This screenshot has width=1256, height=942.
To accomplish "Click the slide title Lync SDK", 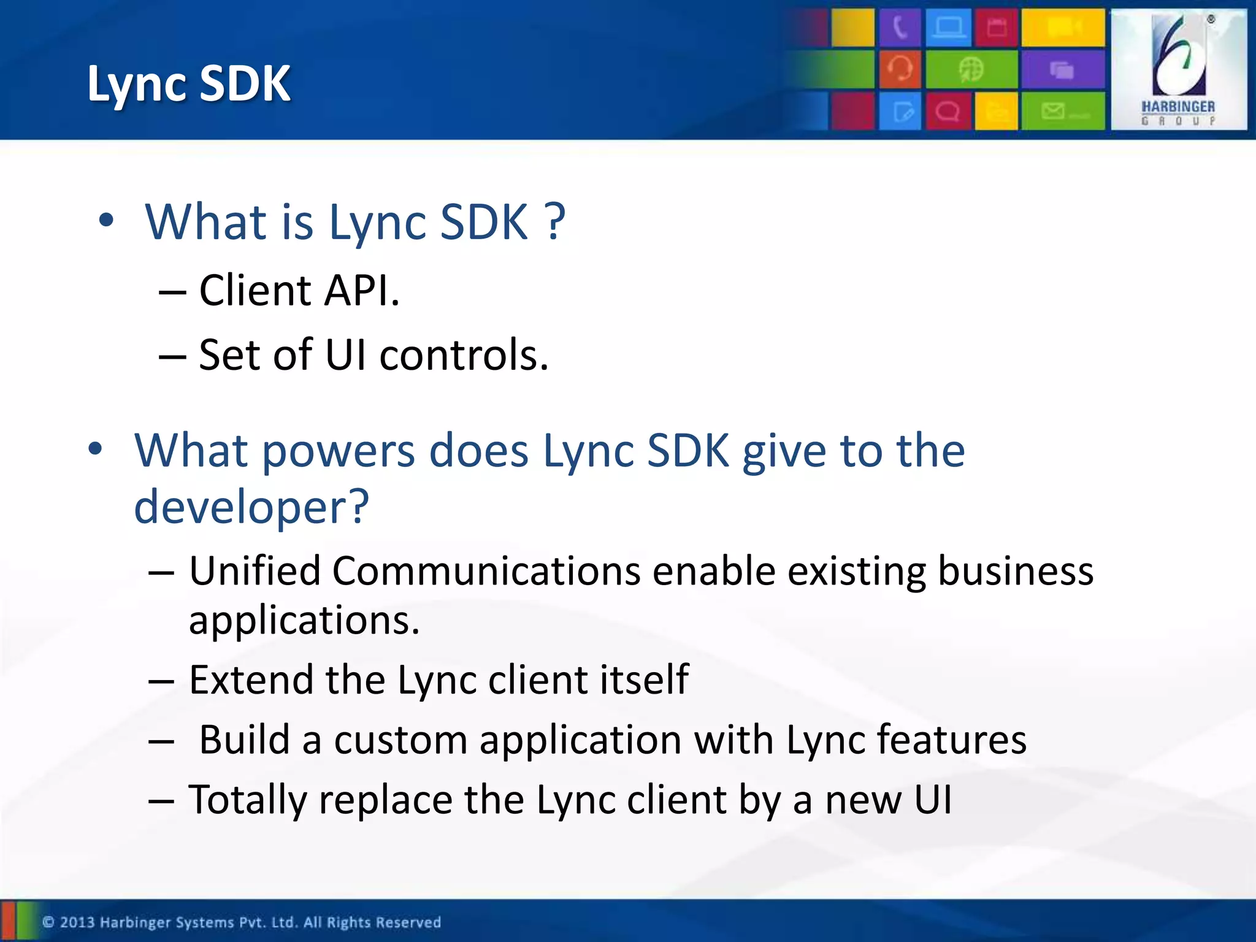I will [188, 83].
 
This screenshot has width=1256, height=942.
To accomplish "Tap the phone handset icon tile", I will [899, 28].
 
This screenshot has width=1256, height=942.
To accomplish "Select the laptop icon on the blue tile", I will [948, 28].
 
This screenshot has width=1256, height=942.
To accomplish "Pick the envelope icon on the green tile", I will [1054, 111].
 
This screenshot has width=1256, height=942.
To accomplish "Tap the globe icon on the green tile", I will [971, 69].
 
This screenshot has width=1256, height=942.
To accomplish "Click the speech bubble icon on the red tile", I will [948, 112].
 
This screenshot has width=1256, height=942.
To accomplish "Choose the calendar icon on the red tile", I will [997, 28].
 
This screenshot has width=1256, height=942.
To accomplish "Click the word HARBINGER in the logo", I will [1177, 107].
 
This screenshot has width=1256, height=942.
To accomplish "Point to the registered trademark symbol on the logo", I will [1211, 19].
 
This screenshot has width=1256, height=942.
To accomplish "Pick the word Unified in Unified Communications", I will [255, 571].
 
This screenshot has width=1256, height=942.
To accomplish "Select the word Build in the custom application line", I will [244, 740].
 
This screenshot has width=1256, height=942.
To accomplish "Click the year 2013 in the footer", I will [77, 922].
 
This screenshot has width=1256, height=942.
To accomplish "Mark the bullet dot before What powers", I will [95, 449].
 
